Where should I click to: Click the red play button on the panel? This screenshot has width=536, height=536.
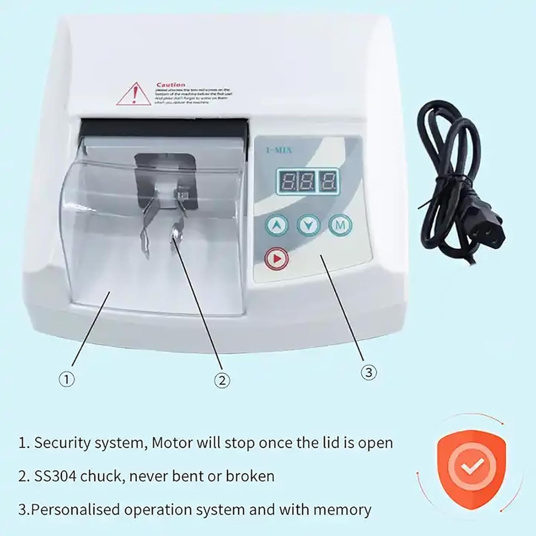click(277, 258)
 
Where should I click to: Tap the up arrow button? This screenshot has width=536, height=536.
click(277, 225)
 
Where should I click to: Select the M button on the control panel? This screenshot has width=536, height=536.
click(340, 225)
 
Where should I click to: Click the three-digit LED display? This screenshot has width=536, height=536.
click(308, 182)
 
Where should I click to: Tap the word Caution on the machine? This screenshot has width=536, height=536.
click(171, 85)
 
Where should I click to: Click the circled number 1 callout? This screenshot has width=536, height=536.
click(67, 379)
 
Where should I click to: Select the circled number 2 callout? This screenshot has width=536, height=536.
click(222, 380)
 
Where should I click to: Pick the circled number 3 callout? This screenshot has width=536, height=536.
click(368, 373)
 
